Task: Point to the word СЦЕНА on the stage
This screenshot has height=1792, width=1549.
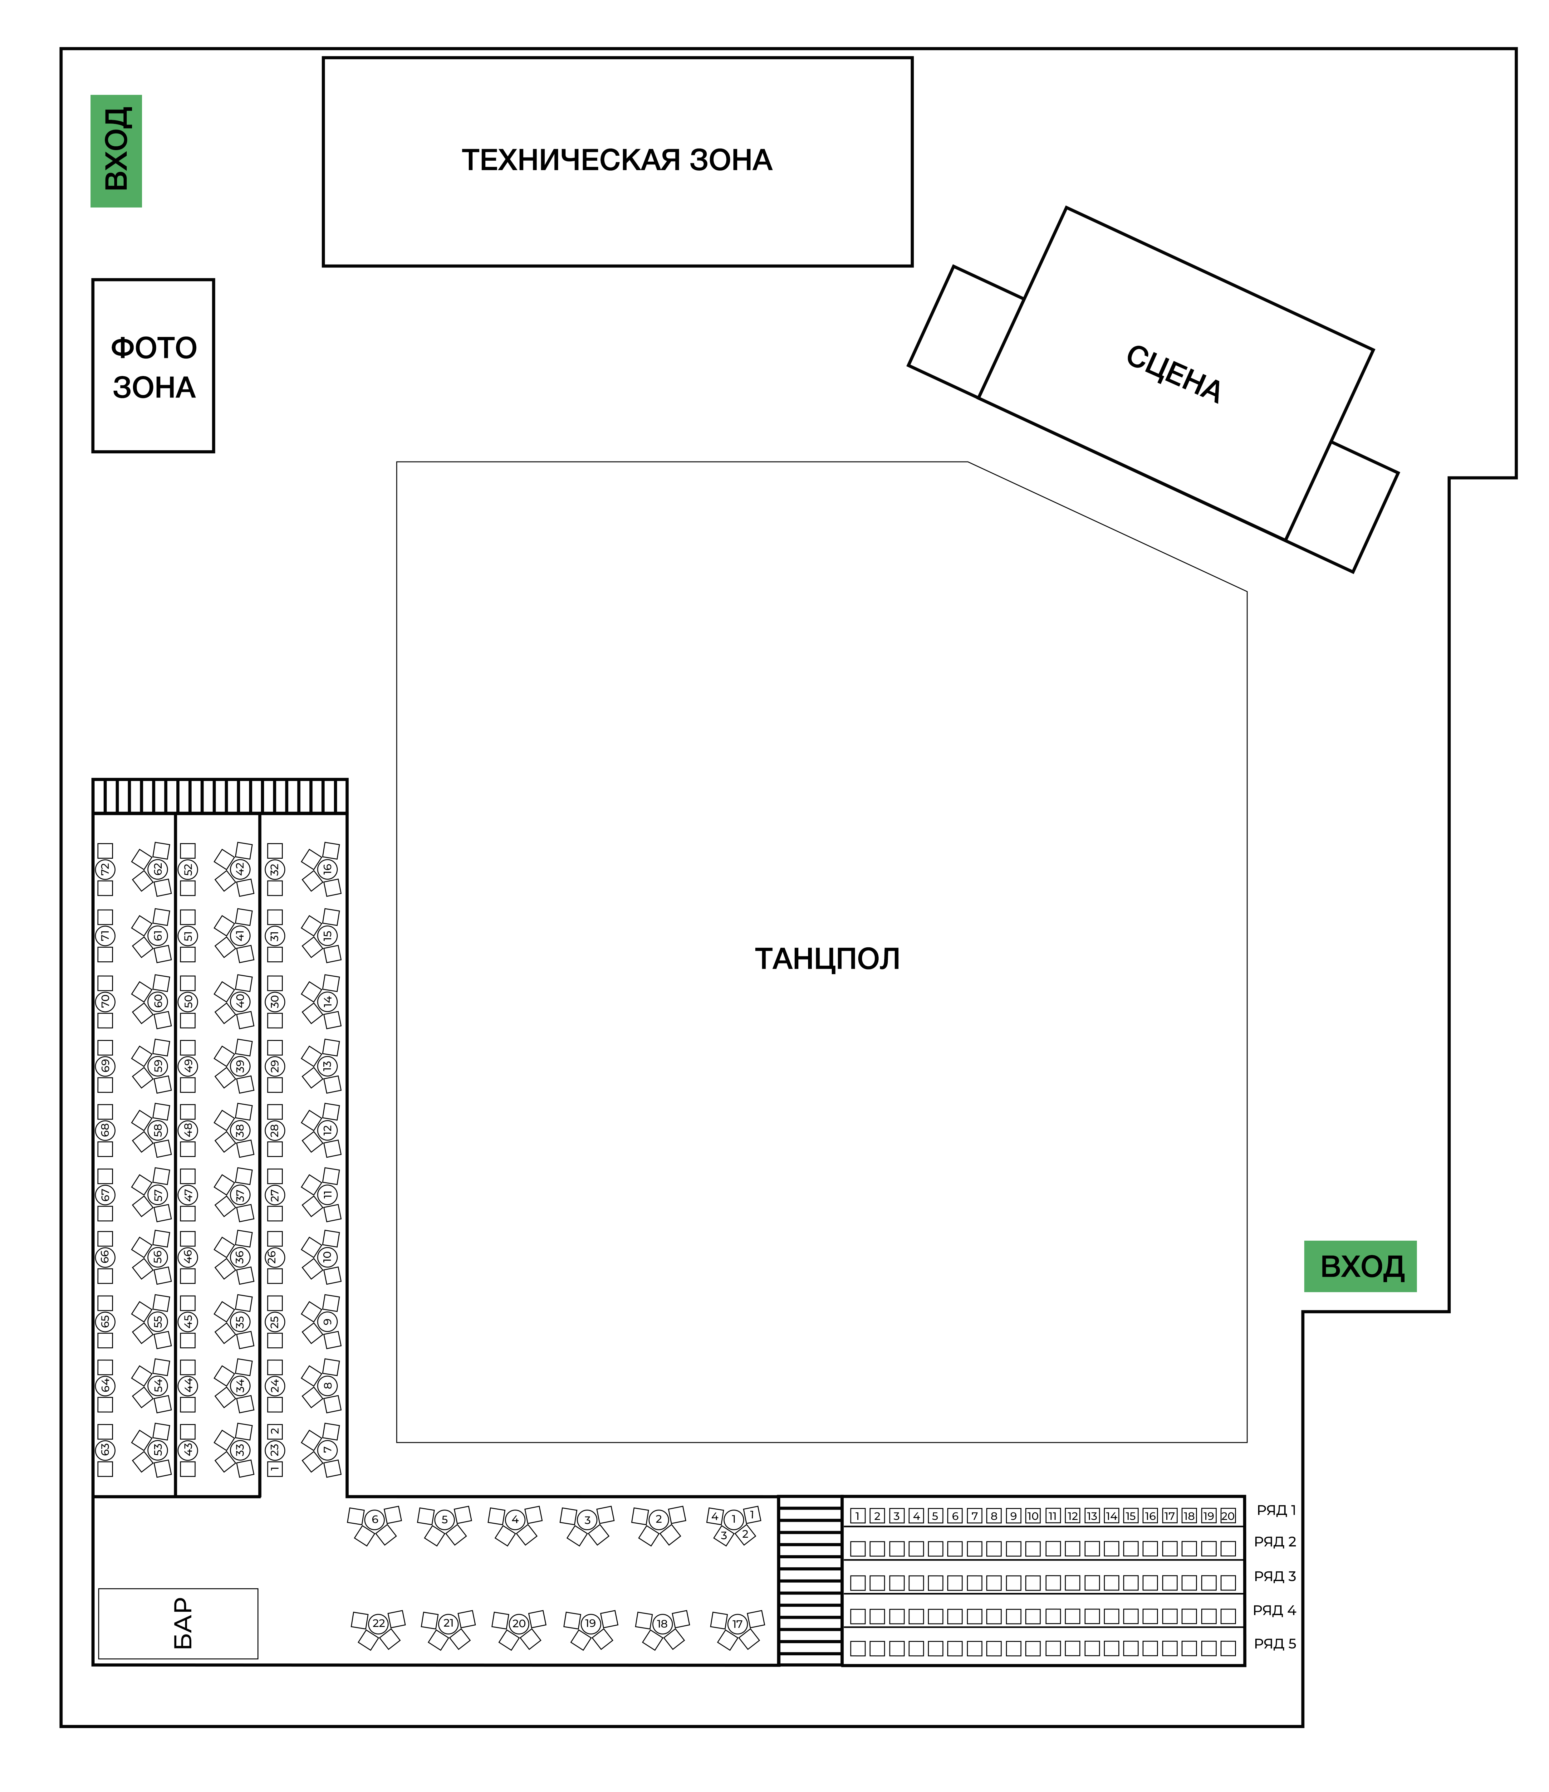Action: (x=1174, y=374)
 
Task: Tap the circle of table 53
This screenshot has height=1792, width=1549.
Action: (x=158, y=1449)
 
